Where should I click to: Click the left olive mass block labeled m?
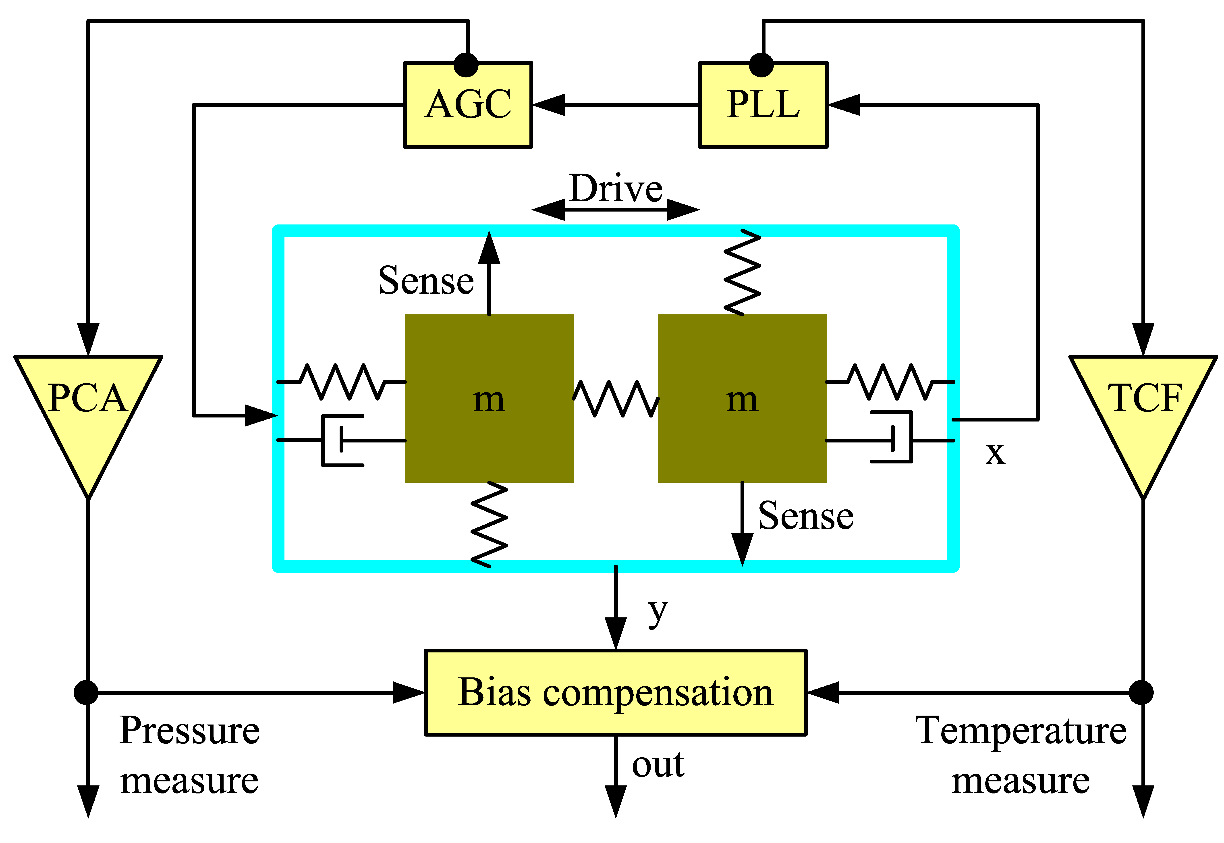(489, 398)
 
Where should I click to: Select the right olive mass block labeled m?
(742, 398)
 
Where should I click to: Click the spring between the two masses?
(616, 399)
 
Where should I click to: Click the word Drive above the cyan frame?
(616, 189)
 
